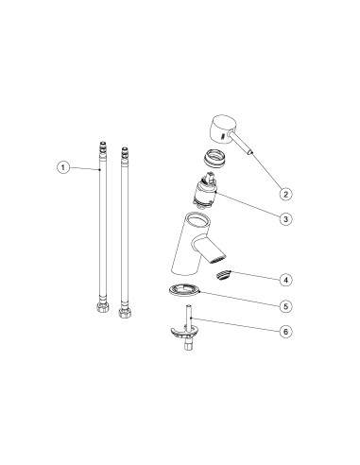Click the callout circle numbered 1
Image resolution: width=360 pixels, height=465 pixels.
[63, 167]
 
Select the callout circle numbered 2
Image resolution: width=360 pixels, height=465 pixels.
[285, 194]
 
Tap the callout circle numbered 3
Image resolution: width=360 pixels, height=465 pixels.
[285, 218]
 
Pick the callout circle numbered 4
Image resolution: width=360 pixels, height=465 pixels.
[285, 280]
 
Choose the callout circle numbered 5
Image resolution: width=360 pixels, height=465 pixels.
[285, 306]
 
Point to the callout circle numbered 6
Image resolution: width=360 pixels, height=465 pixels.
[285, 332]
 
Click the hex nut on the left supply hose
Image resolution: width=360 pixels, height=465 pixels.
[101, 307]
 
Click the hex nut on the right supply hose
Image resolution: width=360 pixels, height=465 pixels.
[124, 313]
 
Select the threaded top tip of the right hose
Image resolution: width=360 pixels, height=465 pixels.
[125, 152]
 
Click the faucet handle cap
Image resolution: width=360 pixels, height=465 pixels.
[220, 129]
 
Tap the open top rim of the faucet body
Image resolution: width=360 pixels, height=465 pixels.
[197, 220]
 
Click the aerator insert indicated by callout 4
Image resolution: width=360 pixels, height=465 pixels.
[223, 275]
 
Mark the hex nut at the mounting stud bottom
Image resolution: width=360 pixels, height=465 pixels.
[188, 347]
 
